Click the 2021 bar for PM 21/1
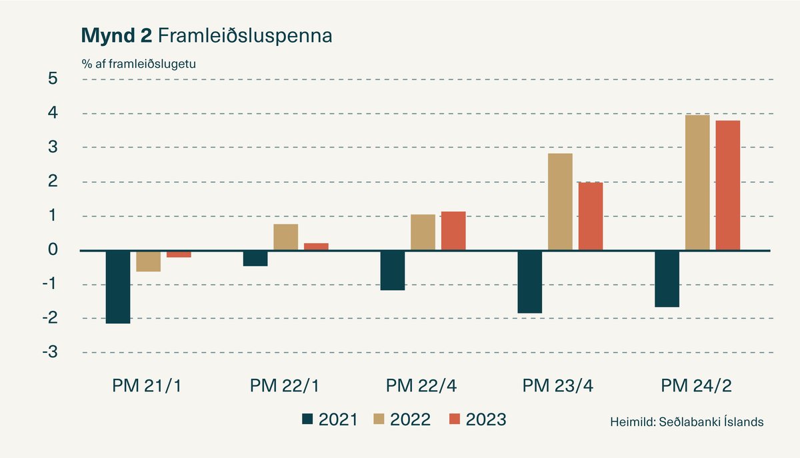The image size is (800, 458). (118, 287)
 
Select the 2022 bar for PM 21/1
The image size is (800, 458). (148, 262)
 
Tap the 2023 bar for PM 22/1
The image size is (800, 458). (316, 246)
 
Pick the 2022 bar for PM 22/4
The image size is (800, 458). (423, 232)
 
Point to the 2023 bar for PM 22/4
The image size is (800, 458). (453, 231)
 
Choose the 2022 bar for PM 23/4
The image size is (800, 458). (560, 202)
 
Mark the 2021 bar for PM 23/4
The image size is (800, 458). (529, 282)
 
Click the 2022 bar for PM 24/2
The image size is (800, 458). (697, 182)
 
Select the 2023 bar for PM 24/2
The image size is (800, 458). (727, 185)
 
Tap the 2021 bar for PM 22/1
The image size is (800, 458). (255, 258)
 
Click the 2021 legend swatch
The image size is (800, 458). (307, 419)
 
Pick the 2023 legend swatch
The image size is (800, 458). (455, 419)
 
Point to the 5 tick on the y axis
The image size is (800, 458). (53, 79)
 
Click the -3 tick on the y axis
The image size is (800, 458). (50, 352)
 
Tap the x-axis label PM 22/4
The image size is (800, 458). (422, 385)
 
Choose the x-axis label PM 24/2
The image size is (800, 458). (697, 385)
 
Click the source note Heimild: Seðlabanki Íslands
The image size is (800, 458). (686, 422)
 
